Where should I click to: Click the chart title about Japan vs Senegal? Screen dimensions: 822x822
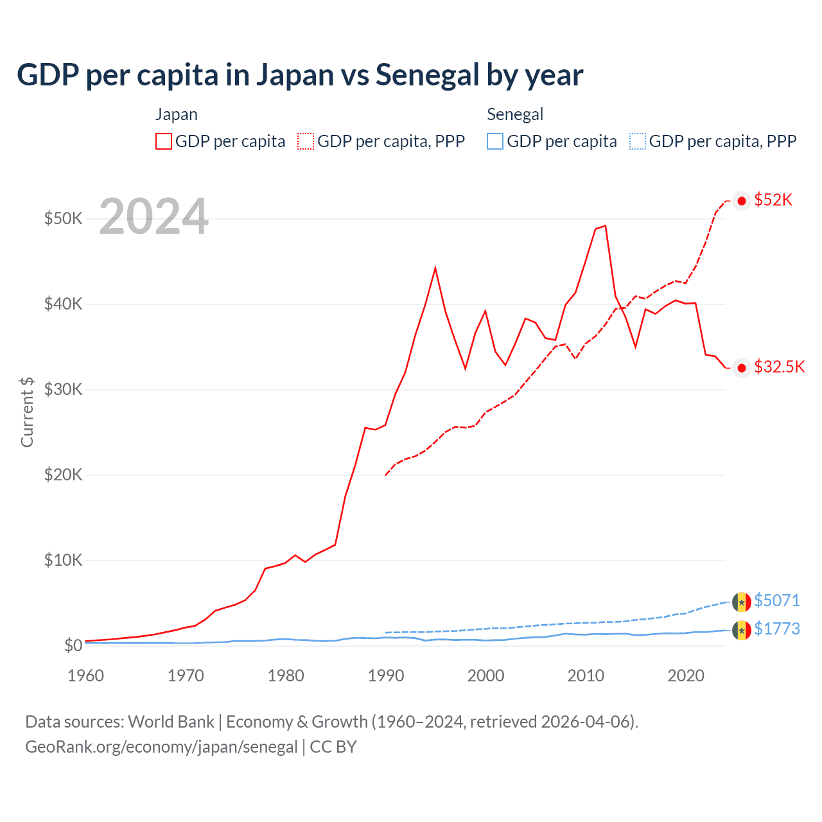pyautogui.click(x=300, y=75)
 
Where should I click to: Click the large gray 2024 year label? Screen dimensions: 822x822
pyautogui.click(x=154, y=217)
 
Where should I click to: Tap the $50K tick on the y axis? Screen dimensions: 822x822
pyautogui.click(x=63, y=218)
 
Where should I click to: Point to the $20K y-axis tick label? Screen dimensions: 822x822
pyautogui.click(x=63, y=475)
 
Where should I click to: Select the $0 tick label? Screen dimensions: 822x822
pyautogui.click(x=73, y=645)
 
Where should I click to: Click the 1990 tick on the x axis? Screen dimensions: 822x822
pyautogui.click(x=386, y=676)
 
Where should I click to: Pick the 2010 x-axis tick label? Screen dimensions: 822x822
pyautogui.click(x=586, y=676)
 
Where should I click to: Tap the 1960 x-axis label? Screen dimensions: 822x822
pyautogui.click(x=86, y=676)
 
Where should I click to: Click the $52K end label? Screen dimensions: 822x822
pyautogui.click(x=773, y=200)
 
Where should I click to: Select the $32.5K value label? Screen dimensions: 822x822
pyautogui.click(x=779, y=367)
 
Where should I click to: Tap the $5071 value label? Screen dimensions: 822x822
pyautogui.click(x=776, y=600)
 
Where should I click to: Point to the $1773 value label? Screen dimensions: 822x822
pyautogui.click(x=776, y=629)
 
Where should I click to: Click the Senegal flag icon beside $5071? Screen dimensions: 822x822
pyautogui.click(x=742, y=602)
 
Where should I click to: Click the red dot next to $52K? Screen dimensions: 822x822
pyautogui.click(x=742, y=201)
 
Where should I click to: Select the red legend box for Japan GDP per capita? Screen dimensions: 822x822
pyautogui.click(x=164, y=141)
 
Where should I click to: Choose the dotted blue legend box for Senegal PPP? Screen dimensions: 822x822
pyautogui.click(x=638, y=141)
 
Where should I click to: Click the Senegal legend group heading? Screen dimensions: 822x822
pyautogui.click(x=515, y=114)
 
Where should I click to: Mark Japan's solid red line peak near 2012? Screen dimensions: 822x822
pyautogui.click(x=605, y=226)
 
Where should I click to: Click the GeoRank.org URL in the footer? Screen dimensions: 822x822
pyautogui.click(x=161, y=747)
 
